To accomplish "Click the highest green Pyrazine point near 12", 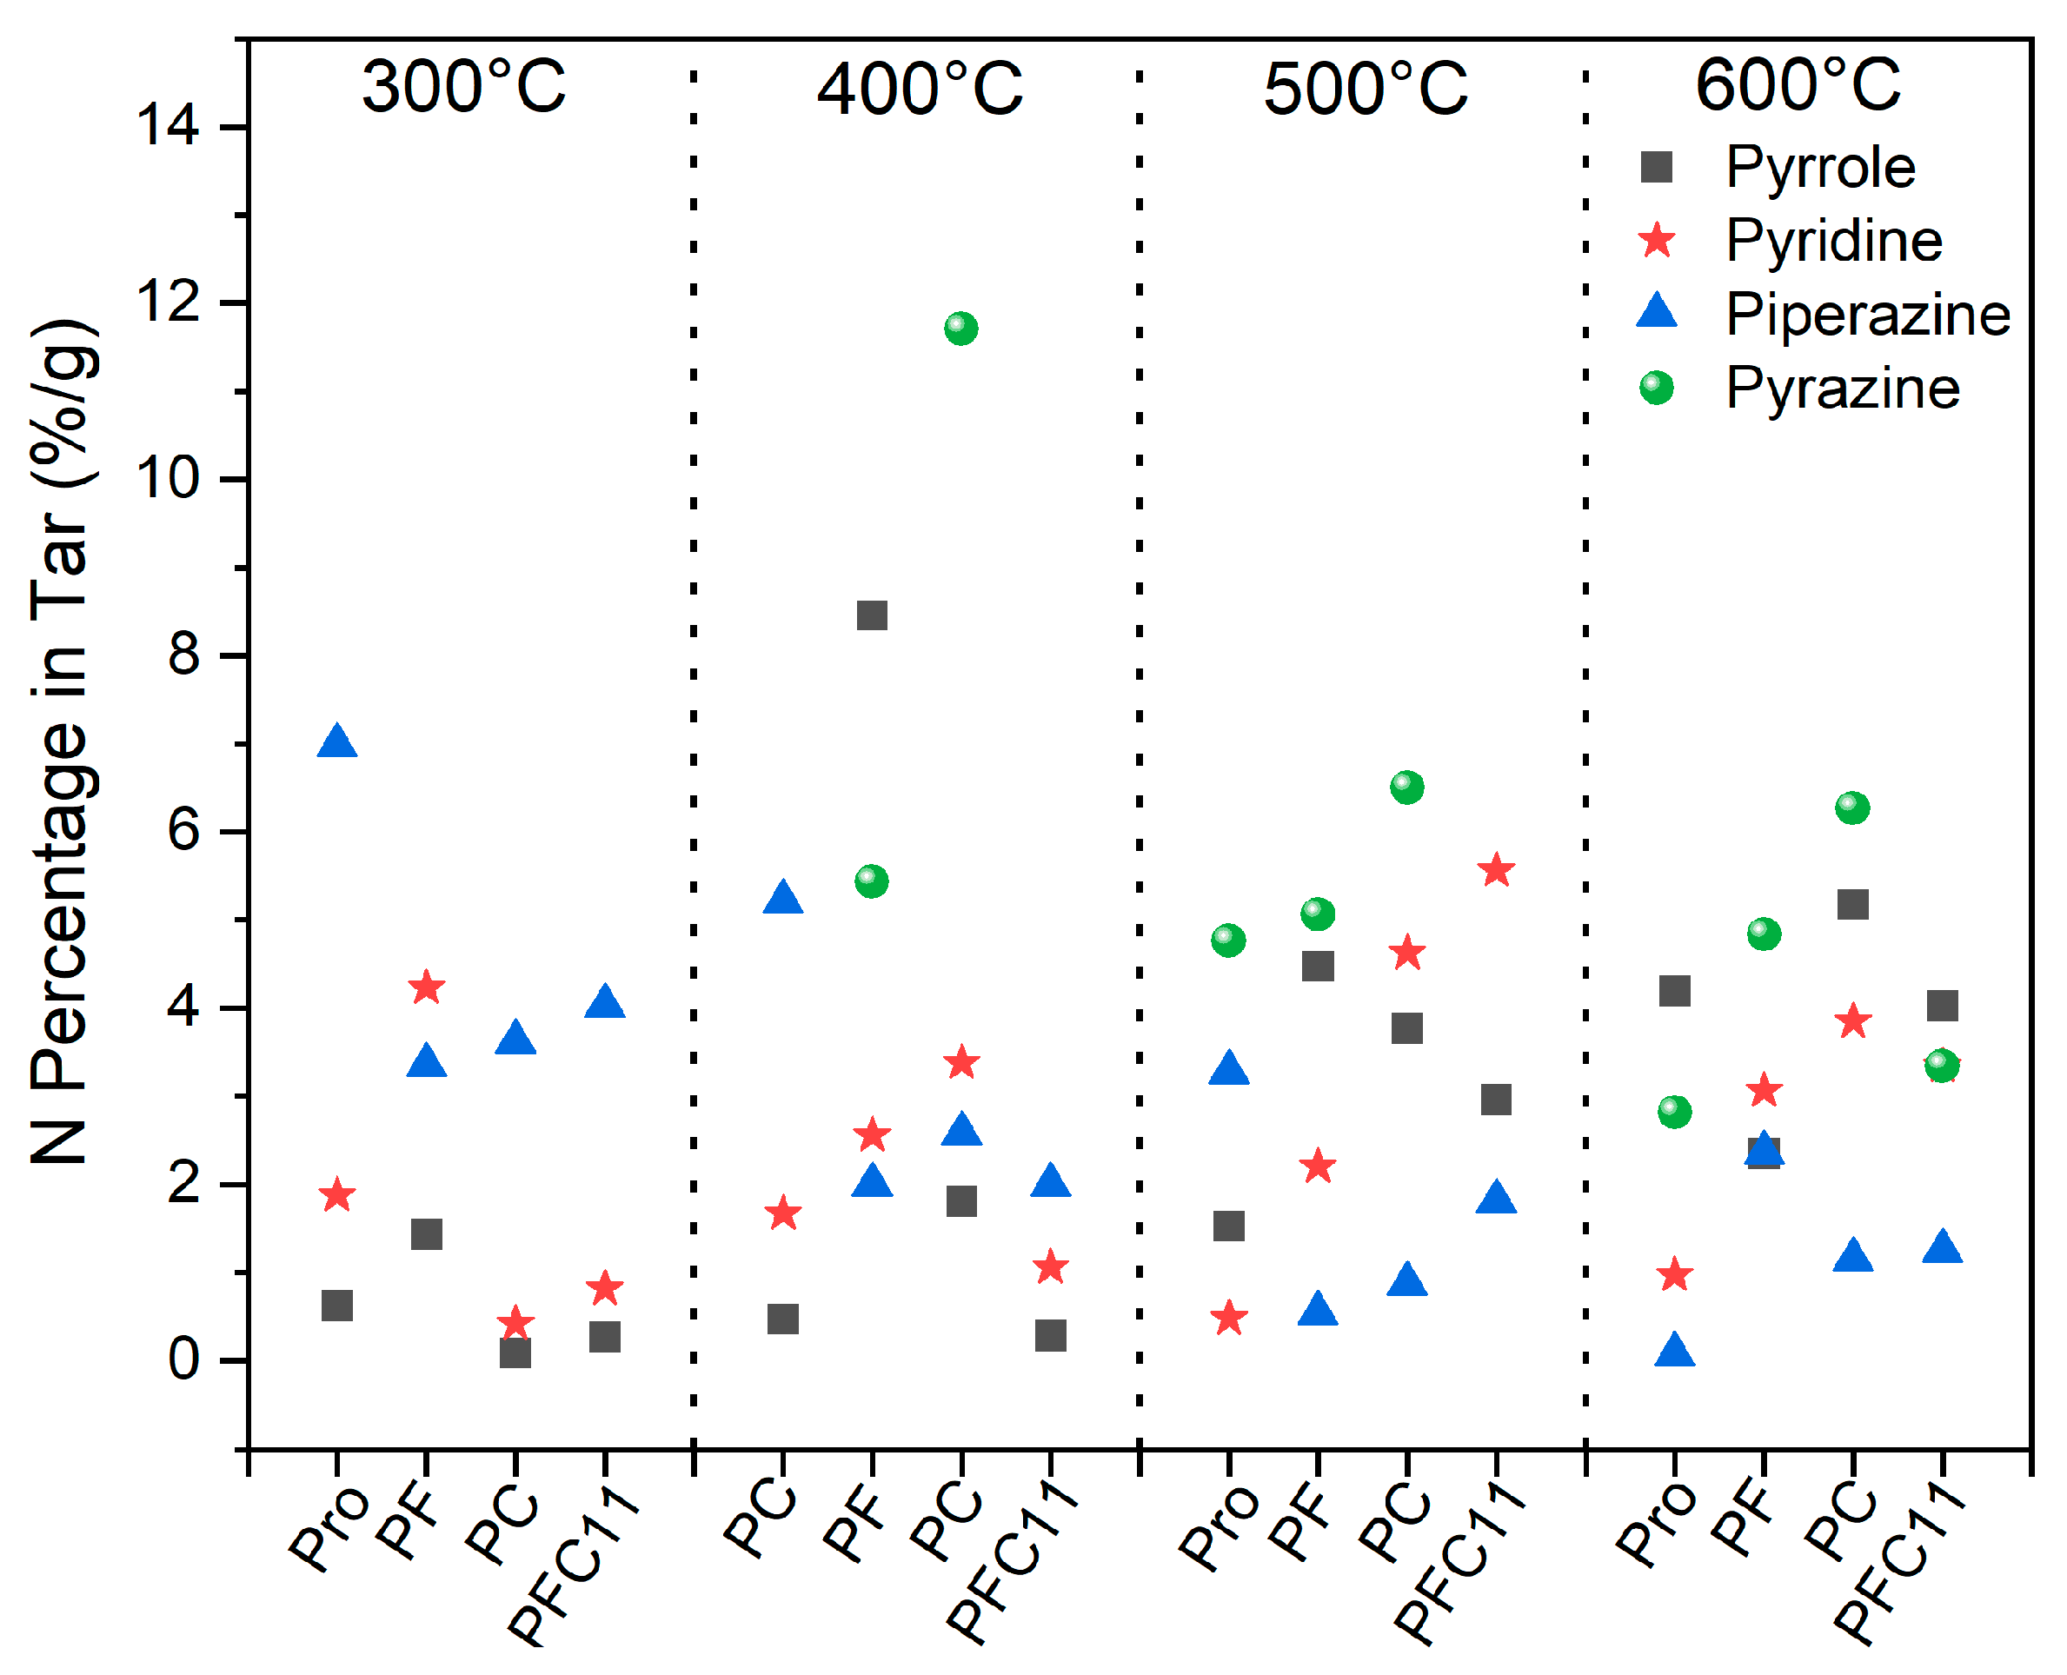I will point(960,328).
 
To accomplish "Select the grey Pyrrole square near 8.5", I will point(871,615).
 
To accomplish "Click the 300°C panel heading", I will point(463,87).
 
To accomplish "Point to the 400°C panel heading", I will point(919,89).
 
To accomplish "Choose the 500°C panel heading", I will point(1365,89).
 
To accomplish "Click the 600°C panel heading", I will point(1797,85).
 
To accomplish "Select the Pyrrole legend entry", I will point(1820,167).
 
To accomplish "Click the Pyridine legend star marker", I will point(1657,240).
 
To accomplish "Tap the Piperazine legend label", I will point(1867,315).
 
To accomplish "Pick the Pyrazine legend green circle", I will point(1657,388).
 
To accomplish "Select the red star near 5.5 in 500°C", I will point(1496,870).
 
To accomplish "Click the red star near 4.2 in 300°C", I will point(427,988).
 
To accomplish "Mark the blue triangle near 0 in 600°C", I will point(1674,1351).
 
